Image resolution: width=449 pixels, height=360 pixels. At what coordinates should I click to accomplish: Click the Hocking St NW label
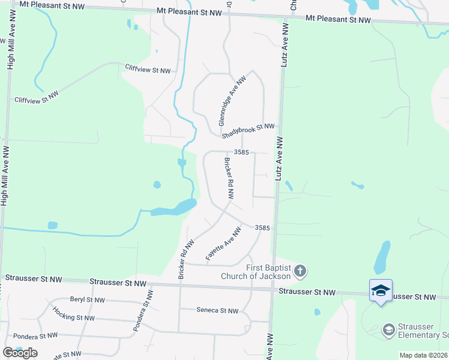pyautogui.click(x=73, y=313)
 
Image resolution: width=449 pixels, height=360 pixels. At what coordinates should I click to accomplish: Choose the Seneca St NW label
pyautogui.click(x=217, y=310)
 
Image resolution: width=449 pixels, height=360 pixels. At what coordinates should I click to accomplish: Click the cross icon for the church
pyautogui.click(x=301, y=272)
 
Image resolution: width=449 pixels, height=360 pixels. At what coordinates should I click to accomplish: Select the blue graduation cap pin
pyautogui.click(x=381, y=290)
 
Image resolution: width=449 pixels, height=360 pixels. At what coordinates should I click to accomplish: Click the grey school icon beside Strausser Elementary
pyautogui.click(x=389, y=329)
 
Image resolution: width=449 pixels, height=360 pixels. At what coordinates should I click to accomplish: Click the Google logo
pyautogui.click(x=20, y=353)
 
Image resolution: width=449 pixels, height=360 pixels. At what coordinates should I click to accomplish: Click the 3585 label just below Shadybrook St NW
pyautogui.click(x=241, y=152)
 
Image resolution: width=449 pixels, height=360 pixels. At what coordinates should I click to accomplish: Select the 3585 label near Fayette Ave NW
pyautogui.click(x=262, y=228)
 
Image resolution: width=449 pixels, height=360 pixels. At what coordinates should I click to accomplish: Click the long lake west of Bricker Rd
pyautogui.click(x=173, y=208)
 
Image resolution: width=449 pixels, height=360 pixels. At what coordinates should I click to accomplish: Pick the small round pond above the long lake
pyautogui.click(x=157, y=185)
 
